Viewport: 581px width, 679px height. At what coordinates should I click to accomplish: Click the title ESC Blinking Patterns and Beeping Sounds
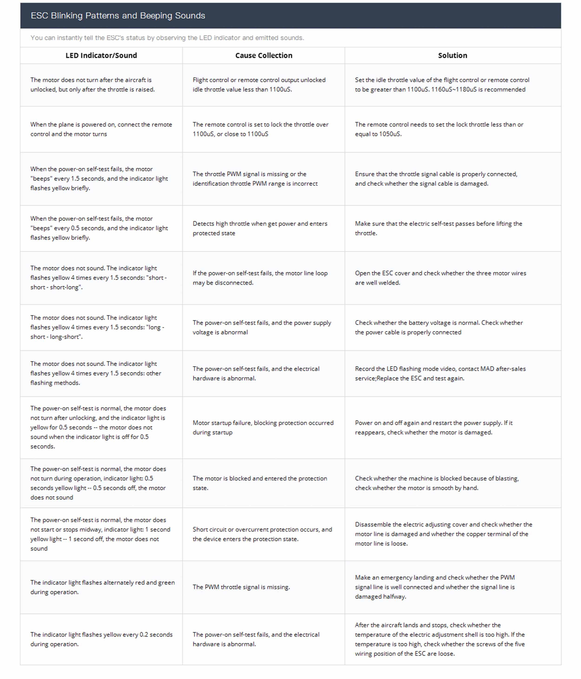(x=118, y=15)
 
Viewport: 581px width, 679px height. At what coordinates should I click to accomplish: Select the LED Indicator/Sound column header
(x=101, y=55)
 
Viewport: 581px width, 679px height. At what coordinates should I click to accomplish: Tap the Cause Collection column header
(x=264, y=55)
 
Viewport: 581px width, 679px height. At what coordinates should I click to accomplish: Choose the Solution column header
(x=452, y=55)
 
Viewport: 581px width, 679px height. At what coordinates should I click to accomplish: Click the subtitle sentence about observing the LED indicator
(x=167, y=38)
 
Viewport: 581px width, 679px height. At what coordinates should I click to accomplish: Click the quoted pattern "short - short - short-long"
(x=98, y=282)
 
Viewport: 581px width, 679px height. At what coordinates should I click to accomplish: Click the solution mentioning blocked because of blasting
(x=437, y=483)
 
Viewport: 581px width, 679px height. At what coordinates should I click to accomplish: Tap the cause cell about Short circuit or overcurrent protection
(x=262, y=534)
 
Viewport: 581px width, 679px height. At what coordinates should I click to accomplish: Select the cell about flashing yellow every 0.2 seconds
(x=101, y=639)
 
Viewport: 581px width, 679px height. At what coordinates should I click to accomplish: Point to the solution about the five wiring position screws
(x=440, y=639)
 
